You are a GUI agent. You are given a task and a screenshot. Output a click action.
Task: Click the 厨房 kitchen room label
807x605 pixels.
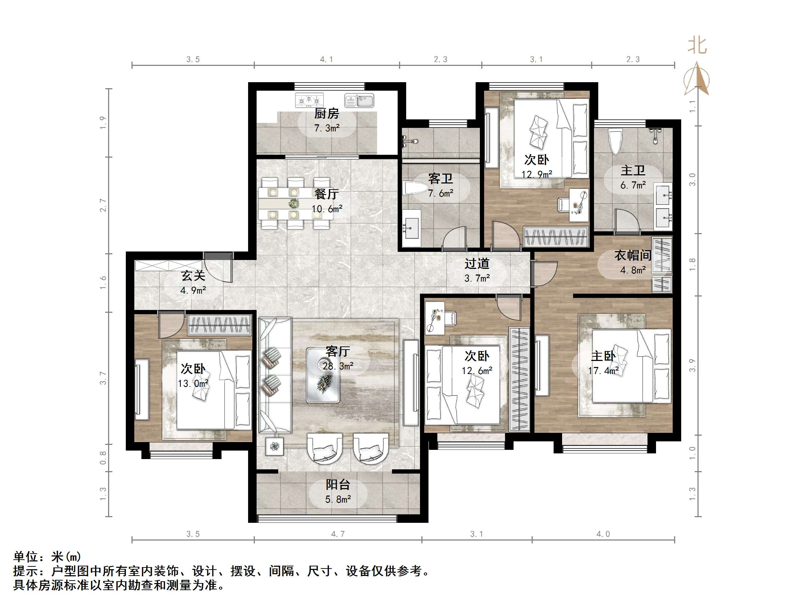[x=326, y=113]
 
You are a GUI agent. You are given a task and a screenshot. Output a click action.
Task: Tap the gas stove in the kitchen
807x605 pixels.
[x=309, y=100]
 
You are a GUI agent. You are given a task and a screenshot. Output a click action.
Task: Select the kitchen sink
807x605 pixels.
[x=359, y=100]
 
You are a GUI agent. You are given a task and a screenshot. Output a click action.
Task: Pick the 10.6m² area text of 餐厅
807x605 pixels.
[x=326, y=209]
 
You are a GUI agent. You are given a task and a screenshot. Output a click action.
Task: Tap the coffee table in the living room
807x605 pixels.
[x=323, y=375]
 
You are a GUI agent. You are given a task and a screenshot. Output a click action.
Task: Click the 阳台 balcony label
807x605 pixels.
[x=338, y=484]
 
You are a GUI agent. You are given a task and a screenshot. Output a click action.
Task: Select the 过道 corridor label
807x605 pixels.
[x=476, y=263]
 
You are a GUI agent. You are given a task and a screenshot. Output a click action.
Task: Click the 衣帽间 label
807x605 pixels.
[x=633, y=255]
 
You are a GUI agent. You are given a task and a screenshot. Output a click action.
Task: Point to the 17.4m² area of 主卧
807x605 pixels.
[x=603, y=371]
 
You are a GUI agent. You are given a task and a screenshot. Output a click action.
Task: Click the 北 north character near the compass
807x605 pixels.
[x=697, y=46]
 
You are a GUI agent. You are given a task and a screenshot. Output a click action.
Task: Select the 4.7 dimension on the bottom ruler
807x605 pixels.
[x=337, y=534]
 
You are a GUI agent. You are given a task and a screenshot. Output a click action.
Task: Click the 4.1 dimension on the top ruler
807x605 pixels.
[x=326, y=59]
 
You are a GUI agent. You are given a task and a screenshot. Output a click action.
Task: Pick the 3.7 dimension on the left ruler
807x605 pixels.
[x=103, y=378]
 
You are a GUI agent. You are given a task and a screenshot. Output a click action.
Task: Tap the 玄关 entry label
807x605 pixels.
[x=193, y=275]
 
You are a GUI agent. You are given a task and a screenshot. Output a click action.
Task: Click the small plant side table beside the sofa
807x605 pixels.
[x=274, y=446]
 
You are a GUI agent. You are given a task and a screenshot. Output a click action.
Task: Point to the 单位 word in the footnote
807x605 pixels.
[x=26, y=556]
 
